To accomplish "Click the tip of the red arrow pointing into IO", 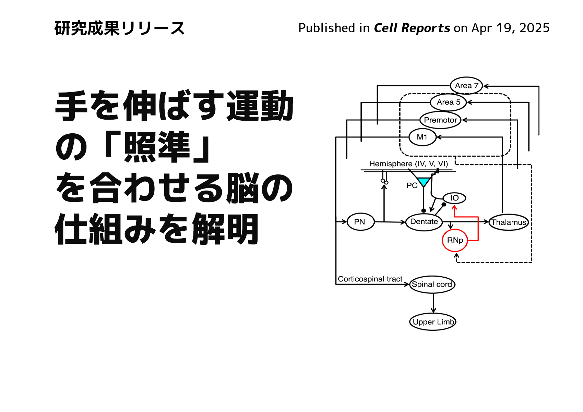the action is point(454,205).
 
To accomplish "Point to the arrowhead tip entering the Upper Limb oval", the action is point(433,313).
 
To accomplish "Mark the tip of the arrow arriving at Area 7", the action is point(484,86).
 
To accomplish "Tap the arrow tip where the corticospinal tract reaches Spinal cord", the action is point(409,284).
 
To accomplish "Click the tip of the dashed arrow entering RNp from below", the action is point(456,253).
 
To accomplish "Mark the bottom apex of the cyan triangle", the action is point(424,187).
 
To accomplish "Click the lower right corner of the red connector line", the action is point(478,240).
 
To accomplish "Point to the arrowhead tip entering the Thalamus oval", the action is point(489,222).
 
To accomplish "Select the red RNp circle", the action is point(455,240).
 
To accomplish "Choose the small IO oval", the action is point(454,198).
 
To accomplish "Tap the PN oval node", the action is point(361,222).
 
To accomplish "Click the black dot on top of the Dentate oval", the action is point(424,210).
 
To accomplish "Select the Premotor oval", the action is point(440,120).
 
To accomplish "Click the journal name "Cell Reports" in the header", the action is point(412,28).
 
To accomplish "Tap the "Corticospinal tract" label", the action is point(370,279).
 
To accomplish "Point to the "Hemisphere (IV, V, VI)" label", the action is point(408,164).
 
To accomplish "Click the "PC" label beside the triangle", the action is point(412,185).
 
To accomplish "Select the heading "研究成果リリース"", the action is point(119,28).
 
